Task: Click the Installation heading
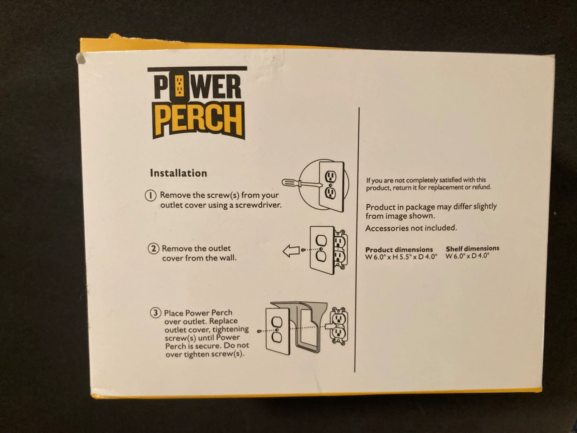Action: pos(178,173)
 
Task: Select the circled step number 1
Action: pos(151,196)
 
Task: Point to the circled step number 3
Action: pos(155,313)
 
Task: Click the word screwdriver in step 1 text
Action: pos(258,205)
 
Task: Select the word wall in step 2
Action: pos(227,258)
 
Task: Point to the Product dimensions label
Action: pos(399,249)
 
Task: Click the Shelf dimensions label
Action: pos(472,249)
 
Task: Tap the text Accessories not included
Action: pos(411,228)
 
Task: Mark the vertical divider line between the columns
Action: pos(357,241)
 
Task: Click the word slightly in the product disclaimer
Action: pos(481,207)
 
